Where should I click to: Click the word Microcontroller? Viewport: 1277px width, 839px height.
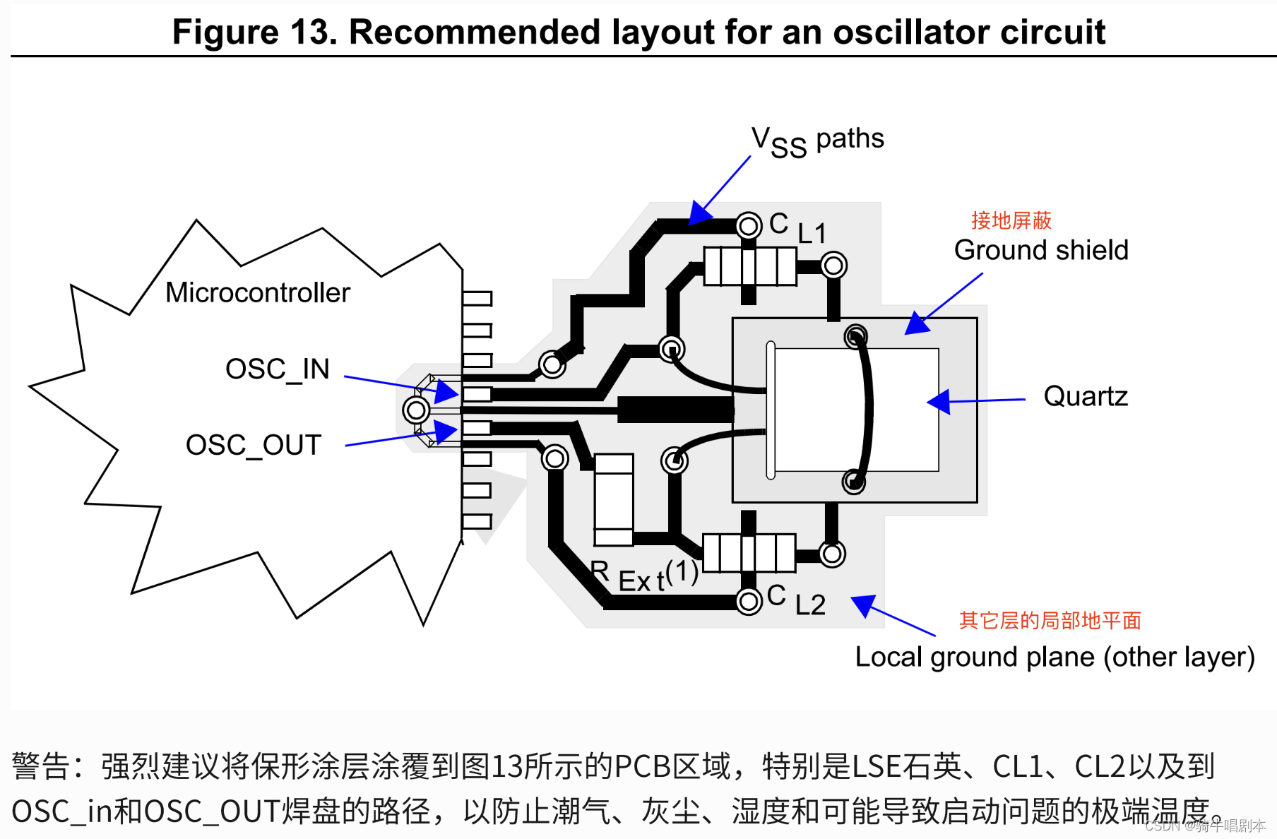point(257,292)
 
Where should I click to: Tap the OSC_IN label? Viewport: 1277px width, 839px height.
point(277,369)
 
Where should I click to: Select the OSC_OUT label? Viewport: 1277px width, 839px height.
point(253,445)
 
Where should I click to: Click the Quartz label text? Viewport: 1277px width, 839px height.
point(1085,396)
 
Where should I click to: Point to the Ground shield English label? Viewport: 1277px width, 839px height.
point(1040,250)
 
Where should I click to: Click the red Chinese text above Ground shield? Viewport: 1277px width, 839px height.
point(1011,220)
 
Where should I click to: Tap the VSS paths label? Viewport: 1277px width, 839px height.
point(817,141)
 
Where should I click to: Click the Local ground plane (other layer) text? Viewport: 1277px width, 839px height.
point(1054,657)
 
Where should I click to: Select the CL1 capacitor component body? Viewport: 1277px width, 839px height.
point(749,266)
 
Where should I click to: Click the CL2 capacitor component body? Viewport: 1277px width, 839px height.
point(749,553)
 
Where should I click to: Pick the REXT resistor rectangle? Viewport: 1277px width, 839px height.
point(613,499)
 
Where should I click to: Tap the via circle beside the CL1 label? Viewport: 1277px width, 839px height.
point(749,226)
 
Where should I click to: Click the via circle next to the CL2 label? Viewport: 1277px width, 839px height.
point(749,601)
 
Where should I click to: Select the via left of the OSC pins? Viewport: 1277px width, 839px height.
point(416,409)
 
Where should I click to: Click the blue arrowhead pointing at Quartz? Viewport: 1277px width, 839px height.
point(939,402)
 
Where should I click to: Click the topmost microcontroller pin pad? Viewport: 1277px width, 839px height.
point(477,298)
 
